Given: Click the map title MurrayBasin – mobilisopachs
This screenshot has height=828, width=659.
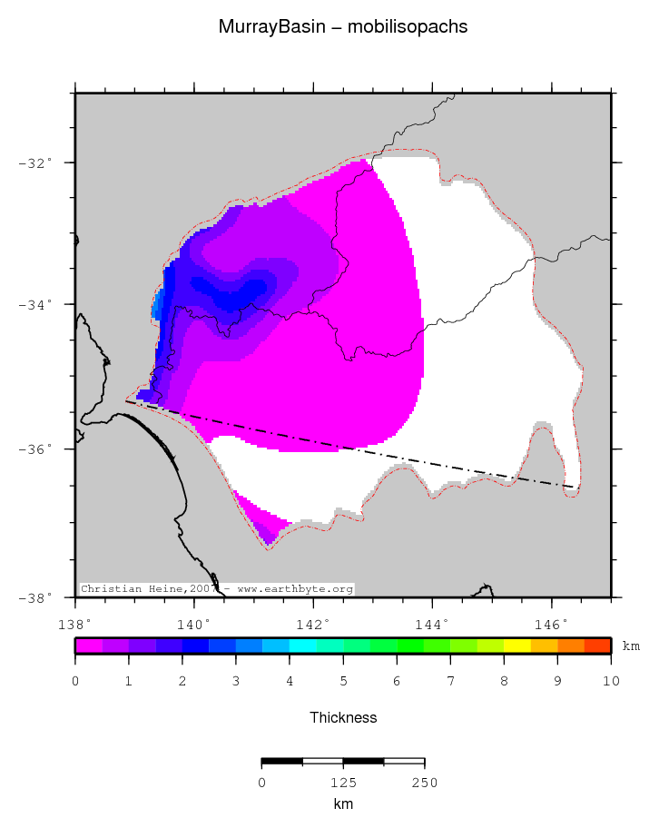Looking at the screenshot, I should [343, 27].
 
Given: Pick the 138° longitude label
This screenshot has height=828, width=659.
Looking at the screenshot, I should [74, 625].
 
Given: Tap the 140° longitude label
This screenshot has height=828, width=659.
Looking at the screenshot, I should [193, 625].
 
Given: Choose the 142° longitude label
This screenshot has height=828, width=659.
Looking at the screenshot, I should [313, 625].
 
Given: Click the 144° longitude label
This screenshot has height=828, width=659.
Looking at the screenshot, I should [432, 625].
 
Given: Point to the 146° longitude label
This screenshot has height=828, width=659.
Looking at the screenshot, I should [551, 625].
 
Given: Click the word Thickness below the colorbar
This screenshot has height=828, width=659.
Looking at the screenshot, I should [343, 718].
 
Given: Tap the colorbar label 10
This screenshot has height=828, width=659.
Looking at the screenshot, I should [611, 681].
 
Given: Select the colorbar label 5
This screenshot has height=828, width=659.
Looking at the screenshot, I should [343, 681].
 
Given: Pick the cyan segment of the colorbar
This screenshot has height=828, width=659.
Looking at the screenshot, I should [302, 646].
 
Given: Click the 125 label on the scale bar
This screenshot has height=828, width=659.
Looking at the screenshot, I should [343, 783].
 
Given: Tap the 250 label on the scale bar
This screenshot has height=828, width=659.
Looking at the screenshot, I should [425, 783].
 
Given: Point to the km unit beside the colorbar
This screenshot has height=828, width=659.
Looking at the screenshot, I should [631, 646].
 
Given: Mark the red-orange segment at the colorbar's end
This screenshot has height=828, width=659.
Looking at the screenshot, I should [597, 646].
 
